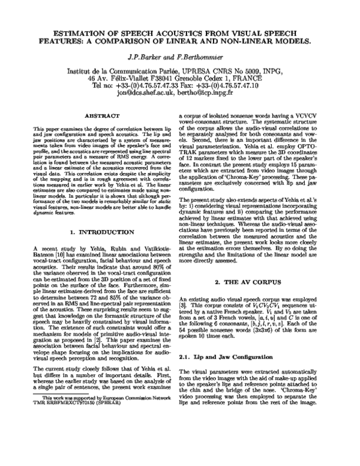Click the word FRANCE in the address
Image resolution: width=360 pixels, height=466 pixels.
pyautogui.click(x=255, y=77)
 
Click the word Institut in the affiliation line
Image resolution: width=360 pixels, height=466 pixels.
pyautogui.click(x=80, y=70)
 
